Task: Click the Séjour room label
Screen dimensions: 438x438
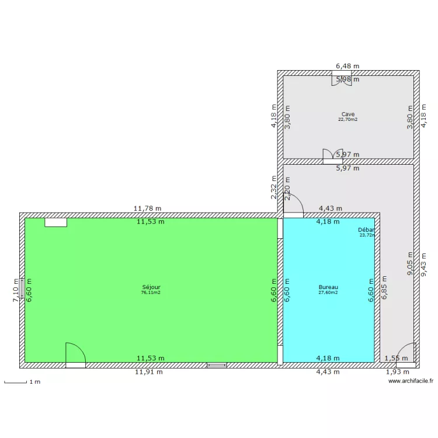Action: coord(151,287)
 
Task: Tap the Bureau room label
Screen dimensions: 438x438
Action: coord(328,287)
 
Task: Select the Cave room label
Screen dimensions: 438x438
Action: coord(348,114)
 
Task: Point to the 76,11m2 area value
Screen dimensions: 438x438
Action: coord(151,293)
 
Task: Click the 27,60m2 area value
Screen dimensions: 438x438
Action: coord(328,293)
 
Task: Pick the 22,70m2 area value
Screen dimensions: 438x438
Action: coord(348,120)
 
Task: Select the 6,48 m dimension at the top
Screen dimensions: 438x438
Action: coord(347,67)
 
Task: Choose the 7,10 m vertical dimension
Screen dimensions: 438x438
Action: coord(16,290)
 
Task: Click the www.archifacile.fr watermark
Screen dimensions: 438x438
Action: coord(411,381)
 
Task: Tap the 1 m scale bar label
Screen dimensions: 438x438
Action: coord(35,382)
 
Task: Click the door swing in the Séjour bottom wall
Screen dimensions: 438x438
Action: coord(75,355)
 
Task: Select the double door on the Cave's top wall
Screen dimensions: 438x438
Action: coord(342,79)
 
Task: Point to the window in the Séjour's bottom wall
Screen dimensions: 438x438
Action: coord(216,365)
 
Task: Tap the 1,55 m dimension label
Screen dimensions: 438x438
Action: coord(397,358)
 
